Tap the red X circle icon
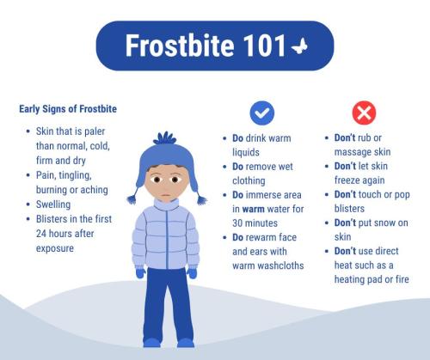pyautogui.click(x=365, y=112)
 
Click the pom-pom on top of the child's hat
pyautogui.click(x=165, y=137)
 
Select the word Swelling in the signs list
pyautogui.click(x=54, y=204)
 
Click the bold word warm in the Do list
pyautogui.click(x=251, y=209)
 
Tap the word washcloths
pyautogui.click(x=281, y=265)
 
